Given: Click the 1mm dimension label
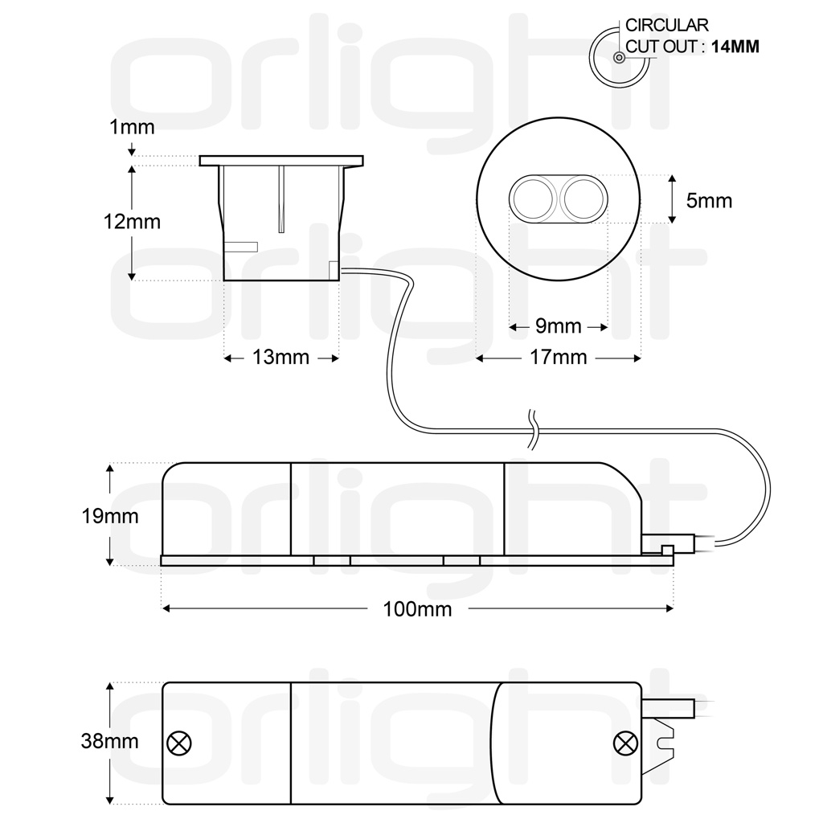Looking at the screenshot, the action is tap(132, 127).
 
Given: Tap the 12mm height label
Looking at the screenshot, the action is tap(132, 222).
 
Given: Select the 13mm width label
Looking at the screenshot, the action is tap(280, 358).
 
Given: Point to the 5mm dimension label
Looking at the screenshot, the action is tap(709, 200).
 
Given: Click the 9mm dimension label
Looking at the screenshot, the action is tap(559, 326).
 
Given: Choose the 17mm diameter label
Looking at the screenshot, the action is tap(559, 358).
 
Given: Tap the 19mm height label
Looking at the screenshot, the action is tap(109, 517).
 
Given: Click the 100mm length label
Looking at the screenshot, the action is tap(417, 609).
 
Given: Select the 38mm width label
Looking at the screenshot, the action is tap(109, 742).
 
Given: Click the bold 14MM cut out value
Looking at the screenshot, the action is tap(735, 47).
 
